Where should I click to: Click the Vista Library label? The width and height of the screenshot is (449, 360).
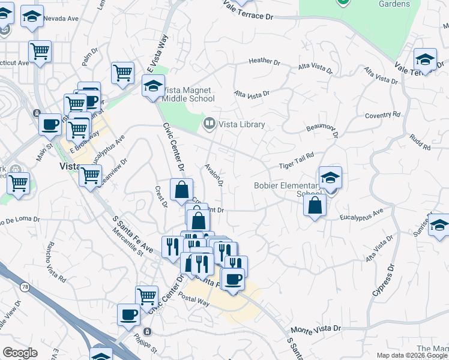242,124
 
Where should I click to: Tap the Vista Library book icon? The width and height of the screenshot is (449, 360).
209,124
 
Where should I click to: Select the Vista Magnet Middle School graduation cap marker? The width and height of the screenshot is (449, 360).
153,86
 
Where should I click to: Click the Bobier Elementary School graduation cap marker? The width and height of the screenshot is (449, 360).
330,178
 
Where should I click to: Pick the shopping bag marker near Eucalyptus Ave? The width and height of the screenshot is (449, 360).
315,206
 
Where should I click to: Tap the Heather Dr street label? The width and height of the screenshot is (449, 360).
264,61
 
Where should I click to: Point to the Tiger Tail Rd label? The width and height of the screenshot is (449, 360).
297,157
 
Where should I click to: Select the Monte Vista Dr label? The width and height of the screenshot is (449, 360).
316,329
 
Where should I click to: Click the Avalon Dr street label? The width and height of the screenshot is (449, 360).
214,175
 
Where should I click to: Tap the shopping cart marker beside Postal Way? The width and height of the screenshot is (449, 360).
147,296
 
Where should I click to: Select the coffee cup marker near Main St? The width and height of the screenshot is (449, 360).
50,125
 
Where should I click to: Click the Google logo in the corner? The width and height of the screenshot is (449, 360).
20,353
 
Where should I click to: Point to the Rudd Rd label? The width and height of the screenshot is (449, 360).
420,142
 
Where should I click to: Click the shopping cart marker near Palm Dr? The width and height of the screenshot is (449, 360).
122,73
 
